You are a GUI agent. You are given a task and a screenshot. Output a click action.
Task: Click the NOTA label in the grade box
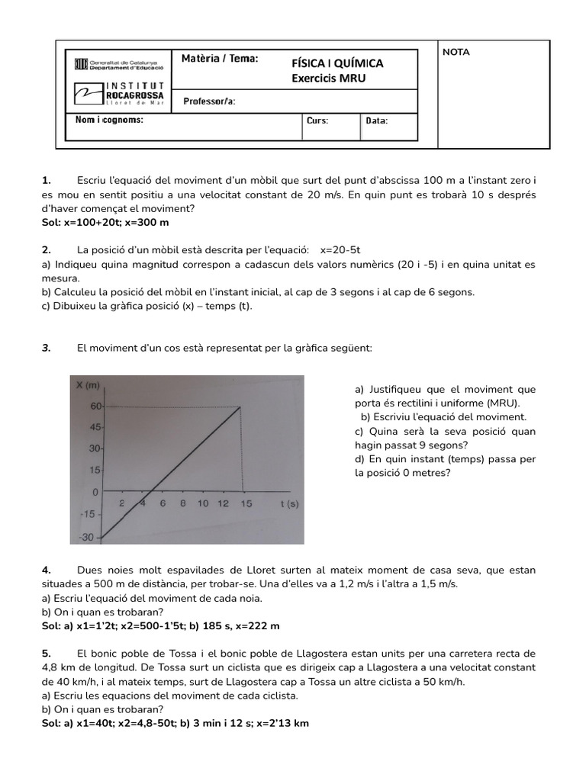(456, 53)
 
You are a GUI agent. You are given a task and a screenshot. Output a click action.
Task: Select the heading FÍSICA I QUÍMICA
(337, 63)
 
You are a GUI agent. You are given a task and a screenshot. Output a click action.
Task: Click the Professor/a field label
(209, 101)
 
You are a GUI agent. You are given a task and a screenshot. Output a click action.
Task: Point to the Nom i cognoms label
(109, 121)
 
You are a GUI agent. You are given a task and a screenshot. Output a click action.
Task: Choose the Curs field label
(317, 121)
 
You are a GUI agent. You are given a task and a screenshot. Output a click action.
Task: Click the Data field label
(377, 121)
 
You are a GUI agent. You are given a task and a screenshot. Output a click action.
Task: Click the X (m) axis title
(89, 384)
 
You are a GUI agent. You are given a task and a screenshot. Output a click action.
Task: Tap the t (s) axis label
(288, 503)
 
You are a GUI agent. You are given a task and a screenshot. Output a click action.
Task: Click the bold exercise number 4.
(46, 570)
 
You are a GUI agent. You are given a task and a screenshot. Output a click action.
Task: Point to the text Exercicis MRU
(329, 77)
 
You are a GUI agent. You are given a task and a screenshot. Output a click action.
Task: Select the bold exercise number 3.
(46, 347)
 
